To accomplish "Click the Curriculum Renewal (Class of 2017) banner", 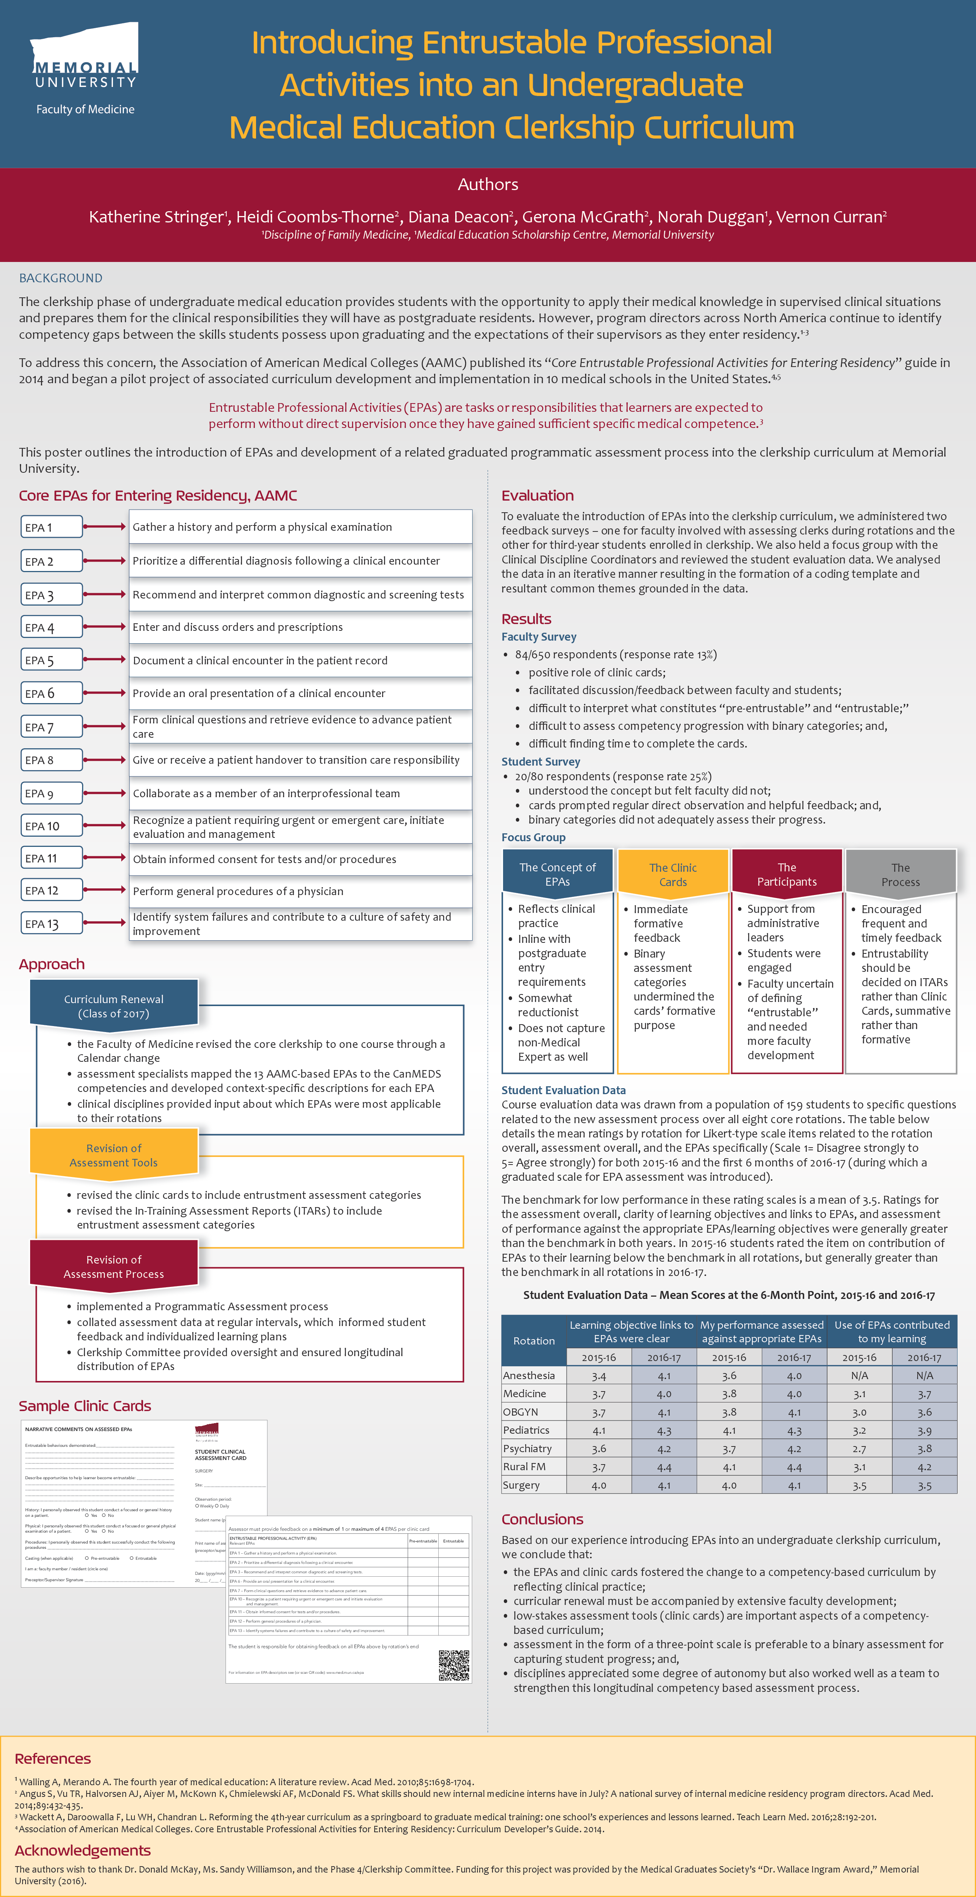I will point(114,1006).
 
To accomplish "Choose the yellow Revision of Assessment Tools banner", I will point(114,1156).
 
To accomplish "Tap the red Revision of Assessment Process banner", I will point(114,1267).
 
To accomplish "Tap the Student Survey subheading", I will point(541,761).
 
